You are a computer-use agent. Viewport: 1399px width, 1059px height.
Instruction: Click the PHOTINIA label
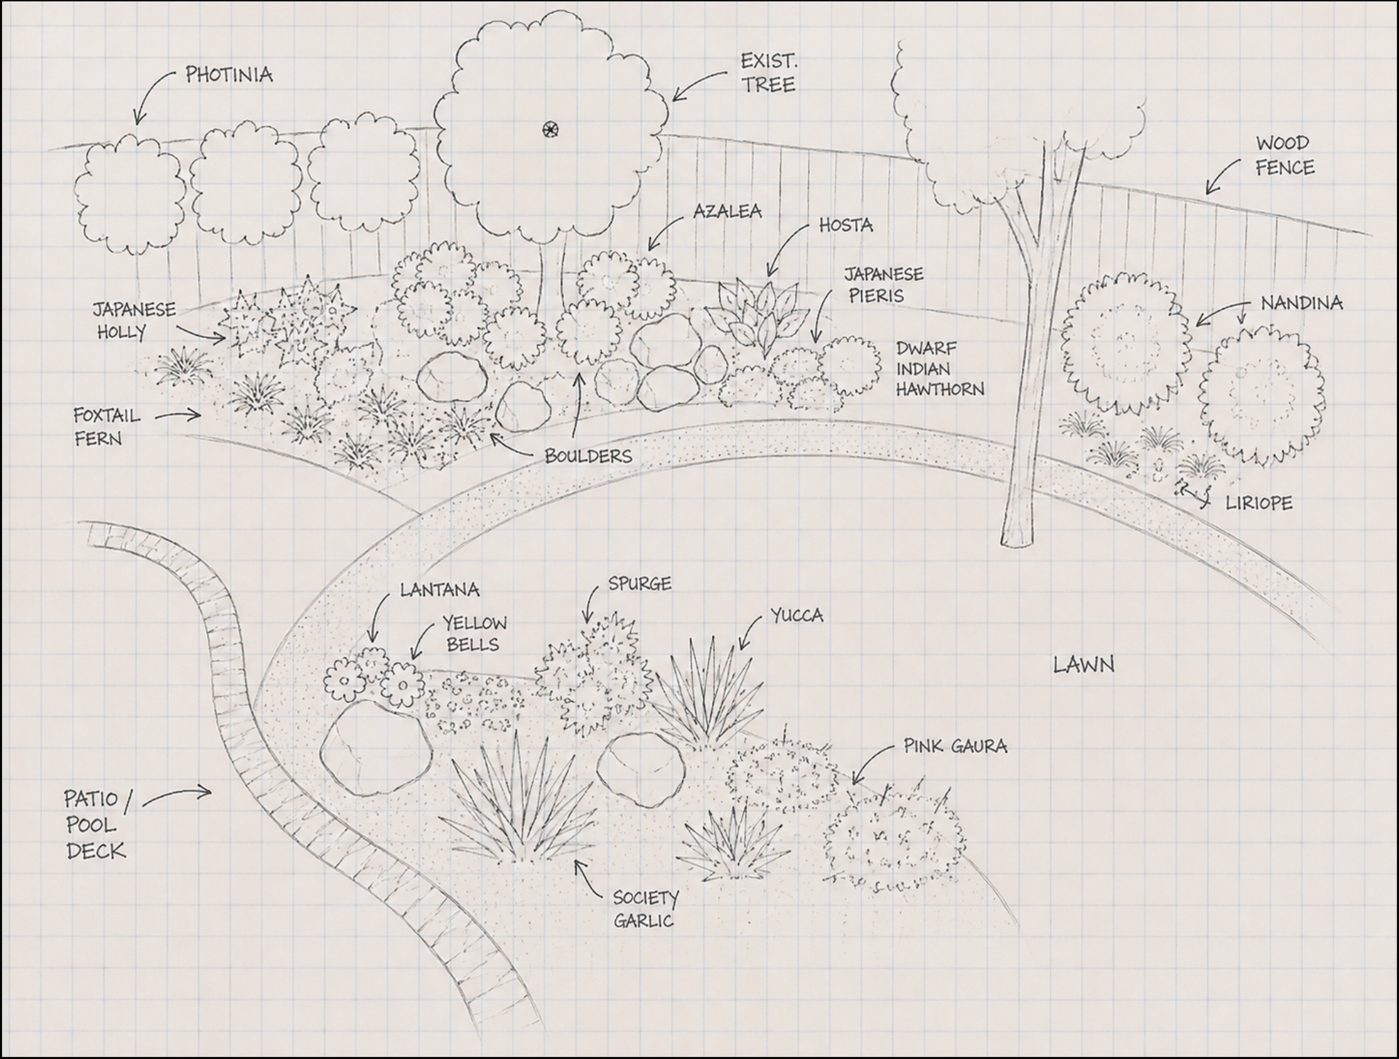pyautogui.click(x=229, y=75)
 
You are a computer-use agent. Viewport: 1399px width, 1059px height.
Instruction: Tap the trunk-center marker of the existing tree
pyautogui.click(x=550, y=129)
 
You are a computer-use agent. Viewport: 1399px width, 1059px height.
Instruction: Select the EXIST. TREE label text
pyautogui.click(x=768, y=73)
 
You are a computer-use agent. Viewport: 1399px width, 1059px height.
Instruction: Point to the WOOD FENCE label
pyautogui.click(x=1284, y=156)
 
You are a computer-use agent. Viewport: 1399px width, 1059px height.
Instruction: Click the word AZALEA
pyautogui.click(x=727, y=211)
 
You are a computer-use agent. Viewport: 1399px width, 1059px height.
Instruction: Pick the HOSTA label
pyautogui.click(x=846, y=225)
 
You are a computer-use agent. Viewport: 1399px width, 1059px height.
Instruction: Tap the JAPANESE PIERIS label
pyautogui.click(x=883, y=285)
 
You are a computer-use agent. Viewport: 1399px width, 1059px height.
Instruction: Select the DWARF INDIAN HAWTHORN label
pyautogui.click(x=940, y=368)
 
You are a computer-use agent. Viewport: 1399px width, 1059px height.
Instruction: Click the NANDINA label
pyautogui.click(x=1301, y=303)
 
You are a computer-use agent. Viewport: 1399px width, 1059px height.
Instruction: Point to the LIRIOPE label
pyautogui.click(x=1259, y=503)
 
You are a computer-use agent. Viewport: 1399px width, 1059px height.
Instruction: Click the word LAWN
pyautogui.click(x=1084, y=665)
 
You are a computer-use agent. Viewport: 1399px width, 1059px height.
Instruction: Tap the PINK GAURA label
pyautogui.click(x=955, y=746)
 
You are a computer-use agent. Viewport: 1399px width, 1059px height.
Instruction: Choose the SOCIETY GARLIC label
pyautogui.click(x=645, y=909)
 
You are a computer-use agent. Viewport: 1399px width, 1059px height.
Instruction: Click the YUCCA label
pyautogui.click(x=797, y=616)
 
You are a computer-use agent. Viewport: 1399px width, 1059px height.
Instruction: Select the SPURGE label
pyautogui.click(x=640, y=584)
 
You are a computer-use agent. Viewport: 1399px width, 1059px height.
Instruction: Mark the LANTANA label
pyautogui.click(x=439, y=590)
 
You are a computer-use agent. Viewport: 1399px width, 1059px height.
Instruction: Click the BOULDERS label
pyautogui.click(x=588, y=456)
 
